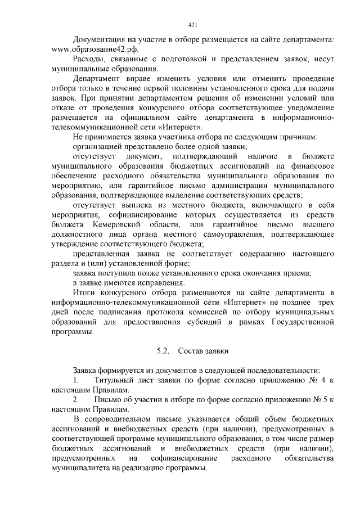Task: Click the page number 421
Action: (191, 25)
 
